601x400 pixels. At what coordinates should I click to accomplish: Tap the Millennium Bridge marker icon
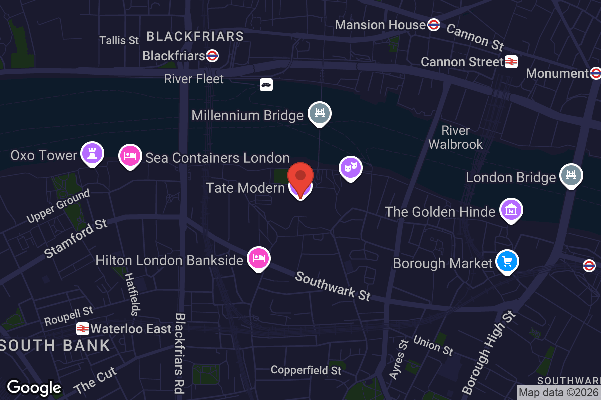tap(319, 113)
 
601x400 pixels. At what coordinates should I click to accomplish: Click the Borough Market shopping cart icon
tap(507, 261)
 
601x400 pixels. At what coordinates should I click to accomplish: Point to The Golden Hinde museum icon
tap(511, 210)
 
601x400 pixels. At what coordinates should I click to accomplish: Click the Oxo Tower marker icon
tap(92, 153)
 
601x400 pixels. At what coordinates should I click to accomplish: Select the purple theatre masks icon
tap(351, 168)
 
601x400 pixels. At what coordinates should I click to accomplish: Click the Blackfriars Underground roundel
tap(212, 55)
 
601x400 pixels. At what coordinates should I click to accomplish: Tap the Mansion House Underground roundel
tap(434, 25)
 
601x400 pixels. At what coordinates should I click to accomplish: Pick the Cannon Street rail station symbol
tap(511, 62)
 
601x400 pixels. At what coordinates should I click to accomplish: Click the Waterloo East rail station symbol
tap(83, 329)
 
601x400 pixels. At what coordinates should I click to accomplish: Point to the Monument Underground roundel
tap(595, 74)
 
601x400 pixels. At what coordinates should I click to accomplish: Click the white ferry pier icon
tap(266, 85)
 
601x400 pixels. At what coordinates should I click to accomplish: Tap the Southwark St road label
tap(333, 286)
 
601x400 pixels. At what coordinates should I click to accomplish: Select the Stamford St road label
tap(76, 238)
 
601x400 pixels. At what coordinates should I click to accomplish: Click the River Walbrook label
tap(456, 138)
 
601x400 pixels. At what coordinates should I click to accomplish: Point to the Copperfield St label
tap(306, 370)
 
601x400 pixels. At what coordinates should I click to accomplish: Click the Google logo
tap(34, 387)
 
